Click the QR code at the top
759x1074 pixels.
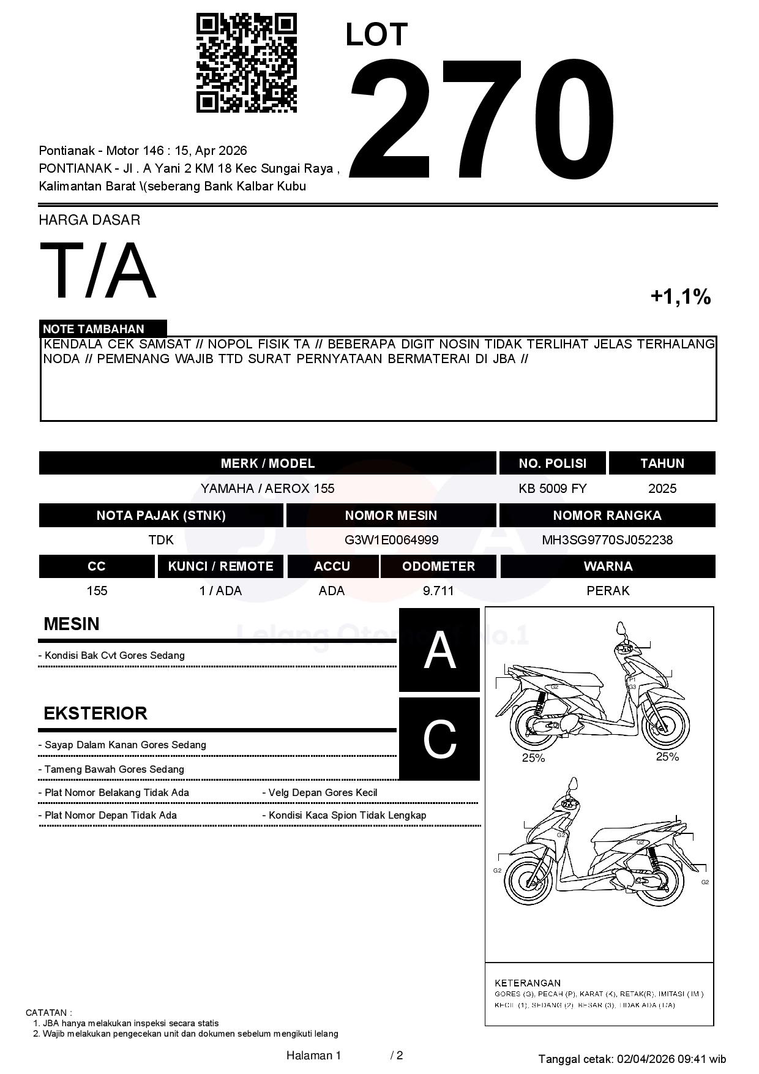click(246, 63)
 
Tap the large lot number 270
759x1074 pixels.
click(482, 119)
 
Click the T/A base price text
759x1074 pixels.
click(98, 271)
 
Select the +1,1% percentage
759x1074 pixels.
click(680, 297)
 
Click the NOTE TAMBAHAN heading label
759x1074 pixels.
click(94, 329)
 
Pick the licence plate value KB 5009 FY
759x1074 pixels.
click(552, 489)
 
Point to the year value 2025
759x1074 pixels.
click(662, 489)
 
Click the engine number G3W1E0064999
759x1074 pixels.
click(391, 540)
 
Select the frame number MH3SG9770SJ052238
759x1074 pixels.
click(607, 540)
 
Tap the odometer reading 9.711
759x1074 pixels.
click(438, 591)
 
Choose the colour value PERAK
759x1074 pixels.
click(608, 591)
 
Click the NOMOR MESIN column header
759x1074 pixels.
click(391, 516)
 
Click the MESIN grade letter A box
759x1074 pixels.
click(439, 650)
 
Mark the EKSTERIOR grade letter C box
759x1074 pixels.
click(439, 739)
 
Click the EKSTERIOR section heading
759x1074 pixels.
click(95, 713)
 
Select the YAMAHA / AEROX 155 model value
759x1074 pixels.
click(267, 489)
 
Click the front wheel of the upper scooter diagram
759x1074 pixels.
click(665, 724)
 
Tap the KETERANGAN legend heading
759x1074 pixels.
click(528, 983)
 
